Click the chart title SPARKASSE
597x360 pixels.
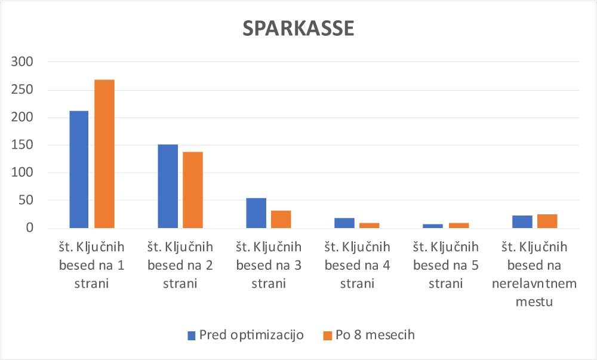298,29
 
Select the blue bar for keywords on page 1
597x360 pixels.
79,170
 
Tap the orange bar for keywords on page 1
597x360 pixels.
104,154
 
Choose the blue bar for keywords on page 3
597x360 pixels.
256,213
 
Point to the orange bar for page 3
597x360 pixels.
281,219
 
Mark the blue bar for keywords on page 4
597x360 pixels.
344,223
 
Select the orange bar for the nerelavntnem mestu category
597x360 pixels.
547,221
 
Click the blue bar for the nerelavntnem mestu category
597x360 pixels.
522,222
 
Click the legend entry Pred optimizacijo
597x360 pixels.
251,335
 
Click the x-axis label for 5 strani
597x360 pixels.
446,265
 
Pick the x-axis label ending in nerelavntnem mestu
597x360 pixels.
534,274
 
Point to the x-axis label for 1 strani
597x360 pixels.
92,265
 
